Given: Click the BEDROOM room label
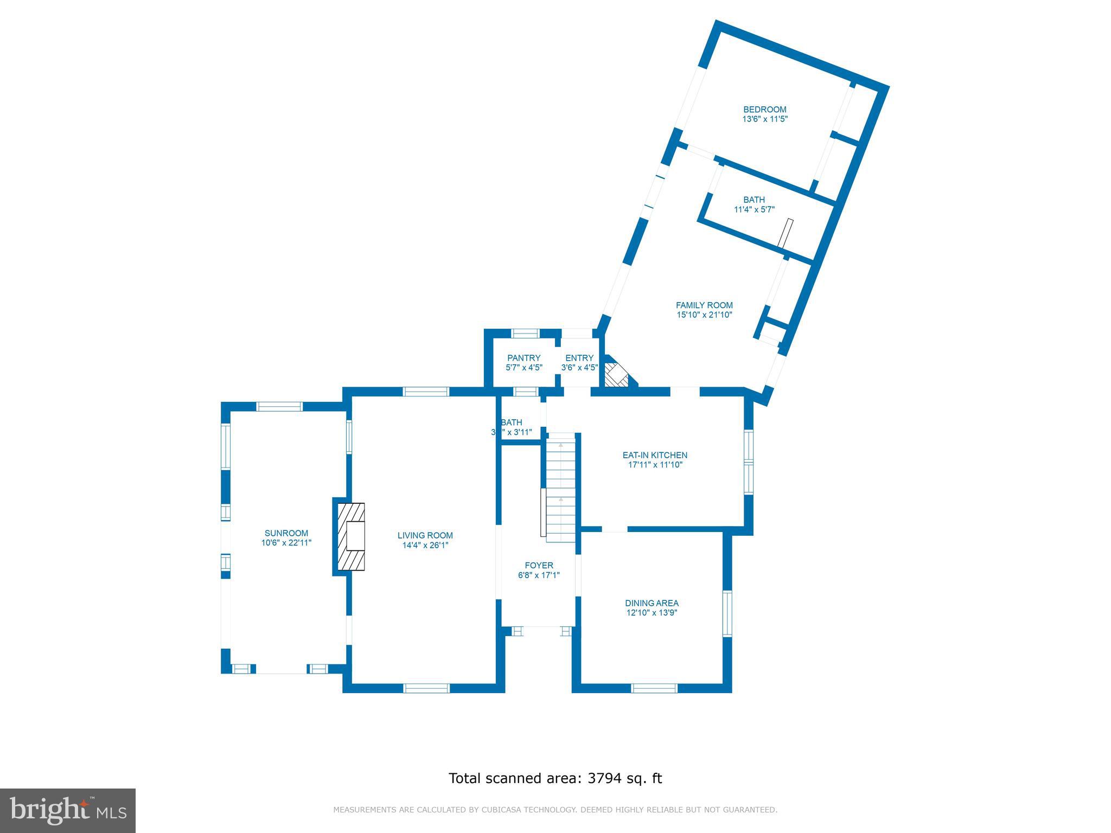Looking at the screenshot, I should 764,110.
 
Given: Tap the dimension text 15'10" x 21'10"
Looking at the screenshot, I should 704,315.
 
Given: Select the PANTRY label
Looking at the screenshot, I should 523,358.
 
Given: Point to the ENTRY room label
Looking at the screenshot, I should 579,358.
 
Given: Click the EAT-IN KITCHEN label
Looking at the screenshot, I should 655,456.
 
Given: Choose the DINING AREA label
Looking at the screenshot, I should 652,603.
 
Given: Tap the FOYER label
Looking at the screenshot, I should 539,565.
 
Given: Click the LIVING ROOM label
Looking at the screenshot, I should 425,535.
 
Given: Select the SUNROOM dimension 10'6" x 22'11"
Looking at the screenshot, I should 286,542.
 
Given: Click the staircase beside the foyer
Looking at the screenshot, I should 560,488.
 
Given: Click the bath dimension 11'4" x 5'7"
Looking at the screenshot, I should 754,209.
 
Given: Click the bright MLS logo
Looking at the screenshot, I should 68,811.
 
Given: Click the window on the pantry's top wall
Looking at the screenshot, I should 526,333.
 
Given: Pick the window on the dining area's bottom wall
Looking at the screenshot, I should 654,688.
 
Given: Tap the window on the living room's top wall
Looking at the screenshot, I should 426,392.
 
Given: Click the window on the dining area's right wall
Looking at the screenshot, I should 727,613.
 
